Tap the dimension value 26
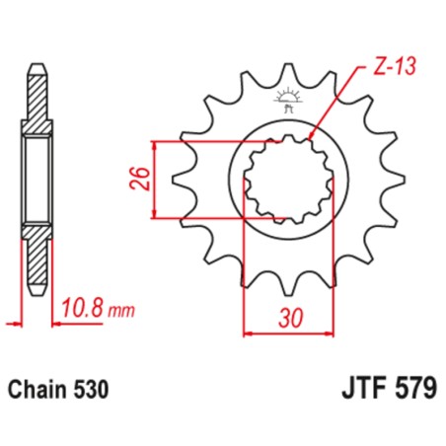(x=142, y=179)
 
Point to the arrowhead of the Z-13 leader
(x=312, y=137)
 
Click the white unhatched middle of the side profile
(x=37, y=179)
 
